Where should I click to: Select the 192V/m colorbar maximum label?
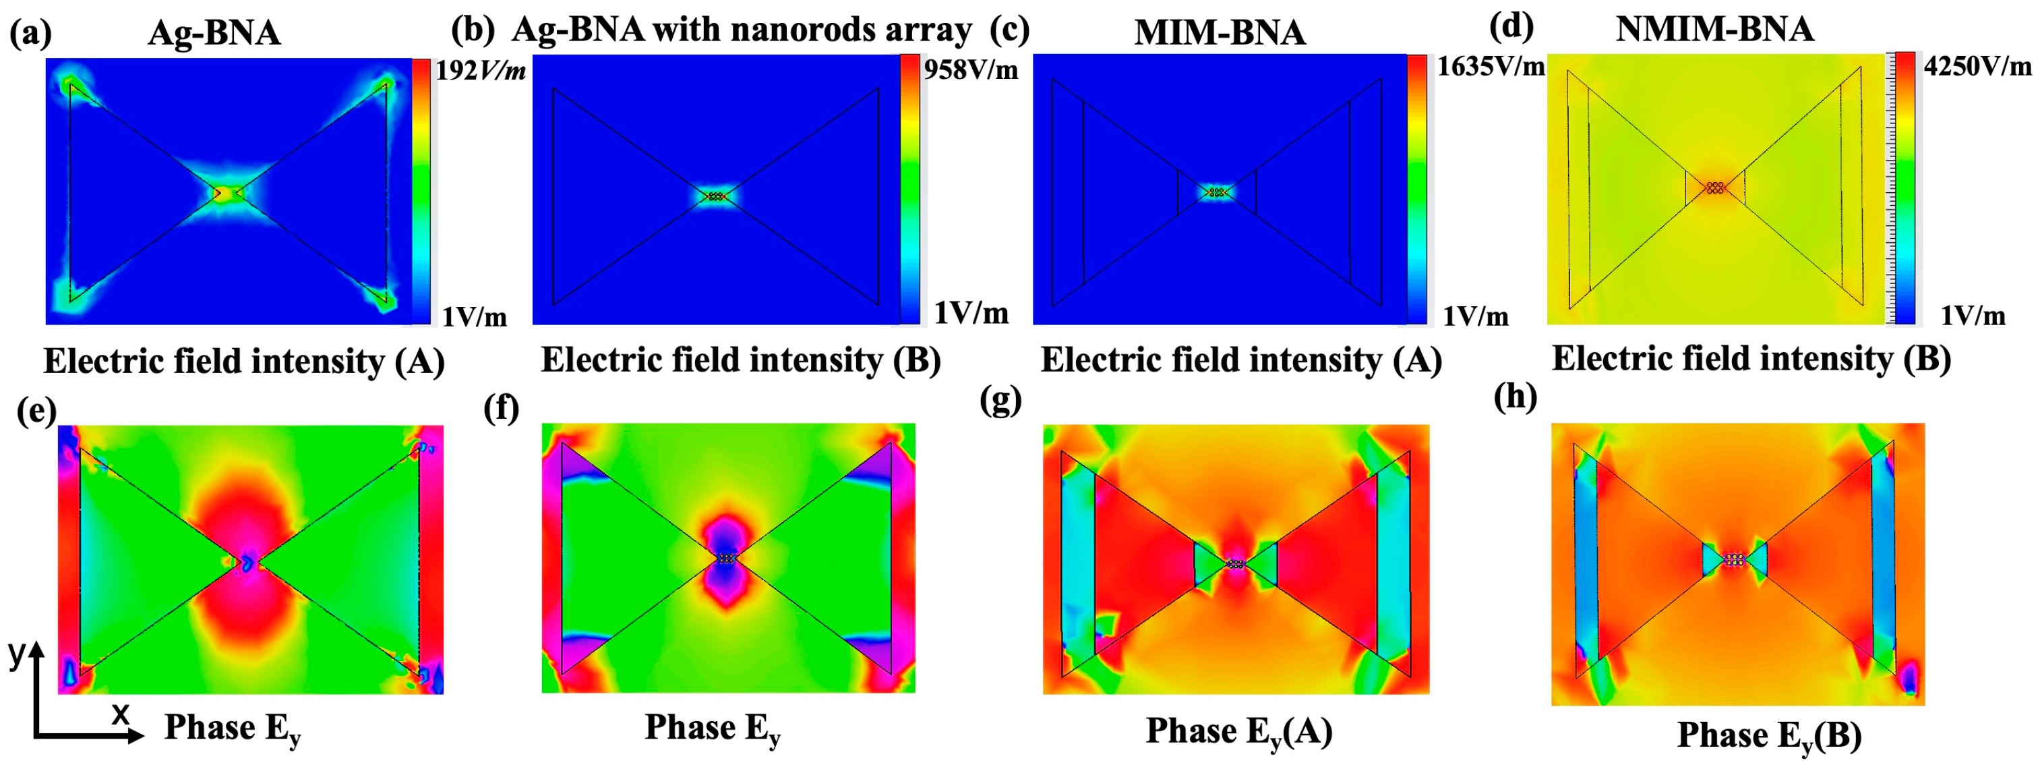pos(480,72)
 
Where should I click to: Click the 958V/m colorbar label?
pos(971,69)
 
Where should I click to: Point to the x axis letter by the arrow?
pos(119,714)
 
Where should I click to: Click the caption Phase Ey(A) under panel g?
pos(1238,731)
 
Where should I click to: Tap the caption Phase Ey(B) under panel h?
pos(1769,735)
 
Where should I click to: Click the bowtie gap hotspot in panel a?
pos(227,192)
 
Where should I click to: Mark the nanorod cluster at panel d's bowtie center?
pos(1715,188)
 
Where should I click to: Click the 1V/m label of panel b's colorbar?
pos(971,313)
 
